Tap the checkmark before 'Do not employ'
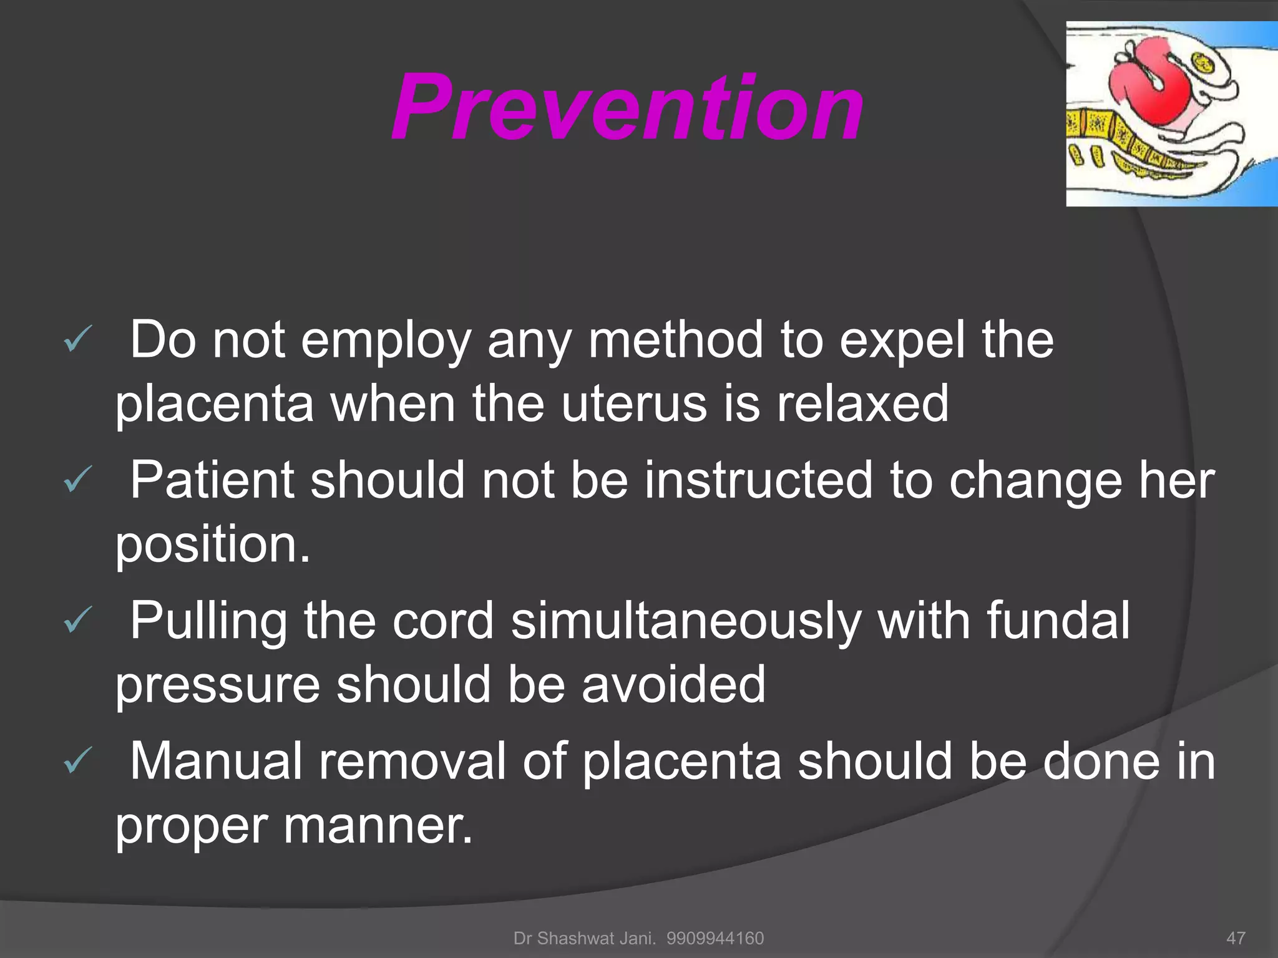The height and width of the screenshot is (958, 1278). click(x=77, y=340)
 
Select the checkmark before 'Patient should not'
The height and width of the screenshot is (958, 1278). click(x=77, y=480)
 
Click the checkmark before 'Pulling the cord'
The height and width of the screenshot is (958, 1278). click(x=77, y=621)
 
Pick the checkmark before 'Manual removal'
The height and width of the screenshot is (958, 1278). click(x=77, y=761)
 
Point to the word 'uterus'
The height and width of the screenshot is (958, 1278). click(x=634, y=404)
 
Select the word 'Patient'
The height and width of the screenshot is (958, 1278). click(x=212, y=480)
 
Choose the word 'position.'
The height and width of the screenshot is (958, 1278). click(x=213, y=545)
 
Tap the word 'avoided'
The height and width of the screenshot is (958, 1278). click(x=673, y=685)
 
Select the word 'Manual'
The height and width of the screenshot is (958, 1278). click(x=216, y=761)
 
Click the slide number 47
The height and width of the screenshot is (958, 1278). click(x=1236, y=938)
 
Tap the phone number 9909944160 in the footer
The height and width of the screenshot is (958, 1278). click(x=715, y=938)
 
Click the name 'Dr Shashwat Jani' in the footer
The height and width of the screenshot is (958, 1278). click(x=584, y=938)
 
